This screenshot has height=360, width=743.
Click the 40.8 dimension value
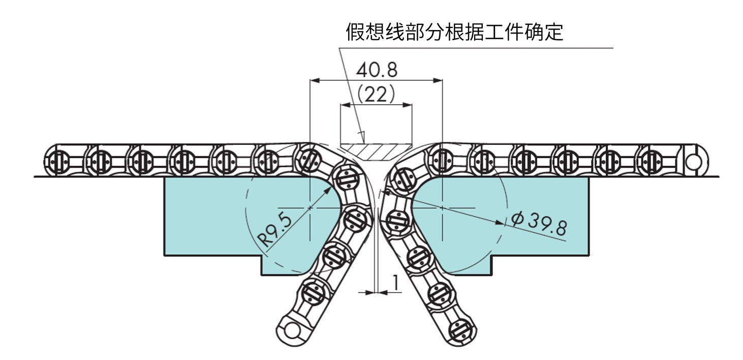tap(376, 70)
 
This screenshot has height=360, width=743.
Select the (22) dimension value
tap(376, 94)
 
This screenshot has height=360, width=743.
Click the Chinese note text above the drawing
tap(454, 32)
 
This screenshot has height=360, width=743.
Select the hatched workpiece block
tap(376, 151)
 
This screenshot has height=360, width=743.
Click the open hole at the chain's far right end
tap(692, 161)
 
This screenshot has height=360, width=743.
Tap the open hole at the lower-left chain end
tap(291, 331)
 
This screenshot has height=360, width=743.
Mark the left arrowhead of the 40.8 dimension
tap(313, 80)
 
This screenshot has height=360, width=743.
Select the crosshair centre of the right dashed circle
tap(443, 207)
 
